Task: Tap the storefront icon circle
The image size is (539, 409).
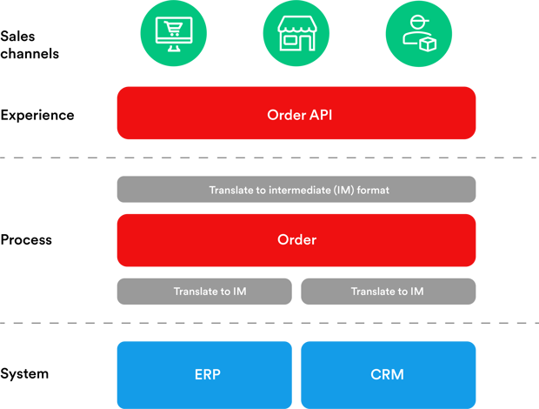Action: (296, 35)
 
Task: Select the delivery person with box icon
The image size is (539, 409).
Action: (418, 35)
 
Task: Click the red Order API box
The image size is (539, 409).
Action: (296, 113)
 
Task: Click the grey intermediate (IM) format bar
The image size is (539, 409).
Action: (296, 190)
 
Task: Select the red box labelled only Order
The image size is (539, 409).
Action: (296, 239)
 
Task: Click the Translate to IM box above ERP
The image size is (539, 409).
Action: (204, 292)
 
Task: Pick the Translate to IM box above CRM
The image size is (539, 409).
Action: (388, 292)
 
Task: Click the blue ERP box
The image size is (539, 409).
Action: (204, 375)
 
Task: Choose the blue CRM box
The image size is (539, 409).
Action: (388, 375)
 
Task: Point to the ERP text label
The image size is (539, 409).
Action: (208, 375)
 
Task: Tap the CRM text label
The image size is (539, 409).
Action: (388, 375)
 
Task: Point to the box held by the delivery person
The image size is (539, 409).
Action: (427, 42)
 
